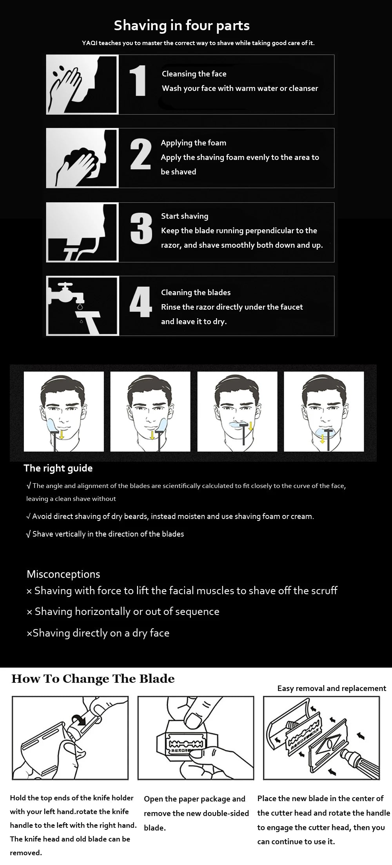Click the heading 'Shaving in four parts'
pos(181,25)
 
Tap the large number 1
pos(138,80)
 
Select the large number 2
pos(140,154)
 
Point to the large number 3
pos(141,228)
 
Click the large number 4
pos(141,302)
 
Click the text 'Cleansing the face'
pos(194,74)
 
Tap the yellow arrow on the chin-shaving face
pos(322,439)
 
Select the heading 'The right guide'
pos(58,468)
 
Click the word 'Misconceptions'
pos(63,574)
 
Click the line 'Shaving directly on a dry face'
pos(98,633)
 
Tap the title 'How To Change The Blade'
pos(93,679)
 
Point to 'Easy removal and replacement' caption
pos(332,688)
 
